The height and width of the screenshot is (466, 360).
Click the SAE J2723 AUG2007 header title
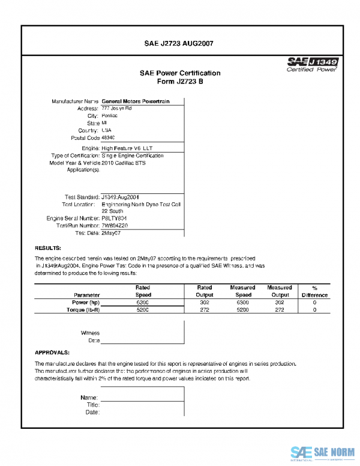click(x=179, y=43)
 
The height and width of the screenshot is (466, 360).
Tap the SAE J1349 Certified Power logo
click(x=313, y=64)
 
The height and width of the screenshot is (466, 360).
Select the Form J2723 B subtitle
click(x=179, y=81)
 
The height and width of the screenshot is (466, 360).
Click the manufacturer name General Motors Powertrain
click(x=135, y=101)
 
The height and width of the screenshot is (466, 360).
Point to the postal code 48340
click(x=109, y=138)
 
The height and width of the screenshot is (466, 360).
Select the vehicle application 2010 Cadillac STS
click(x=124, y=163)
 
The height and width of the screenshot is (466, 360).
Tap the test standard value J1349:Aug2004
click(x=121, y=196)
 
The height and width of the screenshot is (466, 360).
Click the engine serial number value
click(x=114, y=218)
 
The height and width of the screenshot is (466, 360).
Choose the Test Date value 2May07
click(x=112, y=232)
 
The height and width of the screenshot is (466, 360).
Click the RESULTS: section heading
click(x=48, y=247)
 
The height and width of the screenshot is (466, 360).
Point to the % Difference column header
click(x=315, y=291)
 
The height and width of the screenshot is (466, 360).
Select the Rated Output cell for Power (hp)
click(x=204, y=303)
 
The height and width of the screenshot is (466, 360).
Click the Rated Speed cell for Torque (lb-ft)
click(x=143, y=311)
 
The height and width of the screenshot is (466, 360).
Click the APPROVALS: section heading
click(x=52, y=353)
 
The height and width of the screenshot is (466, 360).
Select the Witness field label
click(x=90, y=333)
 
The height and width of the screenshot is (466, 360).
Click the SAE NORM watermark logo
click(x=324, y=452)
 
